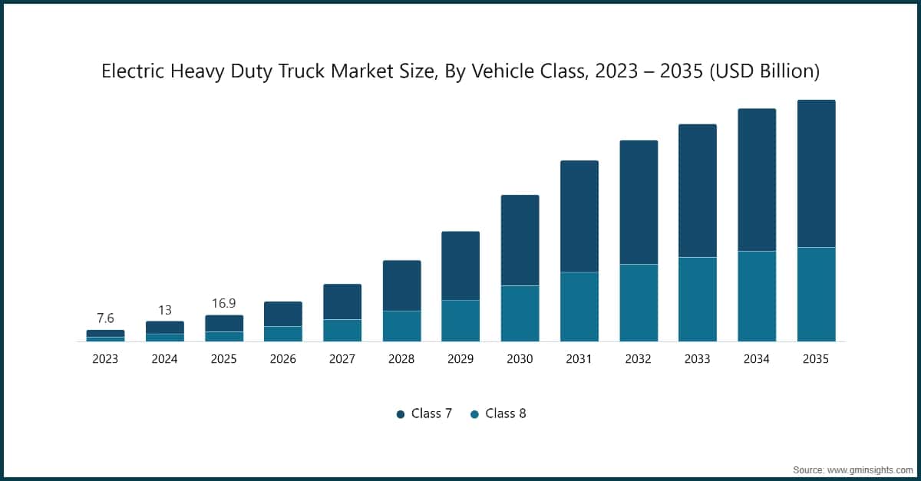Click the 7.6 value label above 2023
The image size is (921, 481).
105,318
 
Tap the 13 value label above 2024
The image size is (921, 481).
165,310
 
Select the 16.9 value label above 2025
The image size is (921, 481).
224,304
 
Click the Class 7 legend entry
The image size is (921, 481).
424,413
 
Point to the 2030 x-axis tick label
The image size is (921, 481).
520,359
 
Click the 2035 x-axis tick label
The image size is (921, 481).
816,359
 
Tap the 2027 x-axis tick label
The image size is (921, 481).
342,359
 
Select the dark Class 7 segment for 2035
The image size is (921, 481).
816,173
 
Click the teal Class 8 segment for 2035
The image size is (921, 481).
816,295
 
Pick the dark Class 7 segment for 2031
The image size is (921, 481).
579,216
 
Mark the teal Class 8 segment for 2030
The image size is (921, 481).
520,314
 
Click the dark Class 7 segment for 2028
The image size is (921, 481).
401,285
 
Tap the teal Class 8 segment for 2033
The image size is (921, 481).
698,299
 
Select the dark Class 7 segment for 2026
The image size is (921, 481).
283,314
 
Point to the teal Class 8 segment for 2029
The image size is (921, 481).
460,321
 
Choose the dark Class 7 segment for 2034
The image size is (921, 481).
757,180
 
